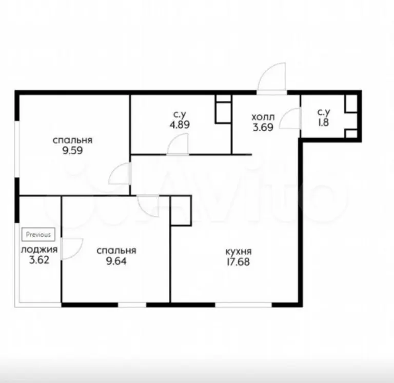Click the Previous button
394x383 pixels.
pyautogui.click(x=38, y=234)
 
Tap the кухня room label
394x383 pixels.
pyautogui.click(x=239, y=251)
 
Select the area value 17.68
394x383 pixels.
pyautogui.click(x=238, y=262)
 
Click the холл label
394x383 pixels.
pyautogui.click(x=263, y=117)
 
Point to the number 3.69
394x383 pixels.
pyautogui.click(x=263, y=127)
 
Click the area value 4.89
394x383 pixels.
pyautogui.click(x=180, y=125)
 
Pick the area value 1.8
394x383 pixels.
pyautogui.click(x=323, y=123)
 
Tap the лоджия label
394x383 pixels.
pyautogui.click(x=39, y=250)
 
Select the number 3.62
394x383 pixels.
pyautogui.click(x=39, y=260)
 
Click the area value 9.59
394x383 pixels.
pyautogui.click(x=73, y=151)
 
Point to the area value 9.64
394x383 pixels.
pyautogui.click(x=116, y=261)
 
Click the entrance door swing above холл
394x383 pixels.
pyautogui.click(x=272, y=78)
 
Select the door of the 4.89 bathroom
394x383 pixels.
pyautogui.click(x=178, y=145)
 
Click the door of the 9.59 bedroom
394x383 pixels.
pyautogui.click(x=120, y=173)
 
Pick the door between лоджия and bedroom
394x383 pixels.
pyautogui.click(x=72, y=249)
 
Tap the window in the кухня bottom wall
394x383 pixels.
pyautogui.click(x=244, y=305)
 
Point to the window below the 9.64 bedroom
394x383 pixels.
pyautogui.click(x=132, y=305)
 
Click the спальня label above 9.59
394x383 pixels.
pyautogui.click(x=73, y=140)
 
